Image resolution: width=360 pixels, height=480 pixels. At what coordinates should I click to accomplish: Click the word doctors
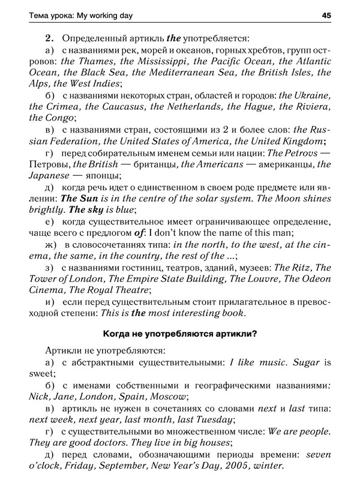coord(105,442)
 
